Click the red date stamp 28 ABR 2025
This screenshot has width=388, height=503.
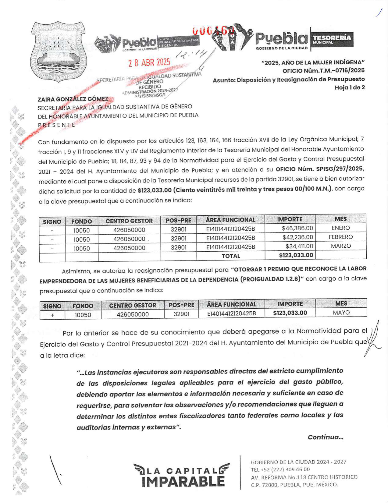click(149, 62)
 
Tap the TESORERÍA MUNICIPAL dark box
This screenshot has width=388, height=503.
click(332, 40)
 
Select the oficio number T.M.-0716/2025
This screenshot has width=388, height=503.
click(323, 71)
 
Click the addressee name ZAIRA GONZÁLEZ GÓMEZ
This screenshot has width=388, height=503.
click(73, 99)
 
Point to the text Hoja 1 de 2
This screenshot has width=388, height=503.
click(350, 87)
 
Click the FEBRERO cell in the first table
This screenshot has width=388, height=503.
click(340, 237)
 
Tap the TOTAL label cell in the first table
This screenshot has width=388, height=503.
click(231, 256)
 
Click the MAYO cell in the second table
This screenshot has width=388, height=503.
click(341, 313)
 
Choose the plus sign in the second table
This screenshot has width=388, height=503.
click(52, 315)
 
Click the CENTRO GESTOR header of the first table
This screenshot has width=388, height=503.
click(129, 221)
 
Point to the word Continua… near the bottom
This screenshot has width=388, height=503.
click(325, 437)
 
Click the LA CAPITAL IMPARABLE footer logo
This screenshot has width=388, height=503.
click(182, 475)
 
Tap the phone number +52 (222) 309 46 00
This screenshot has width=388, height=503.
click(280, 469)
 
